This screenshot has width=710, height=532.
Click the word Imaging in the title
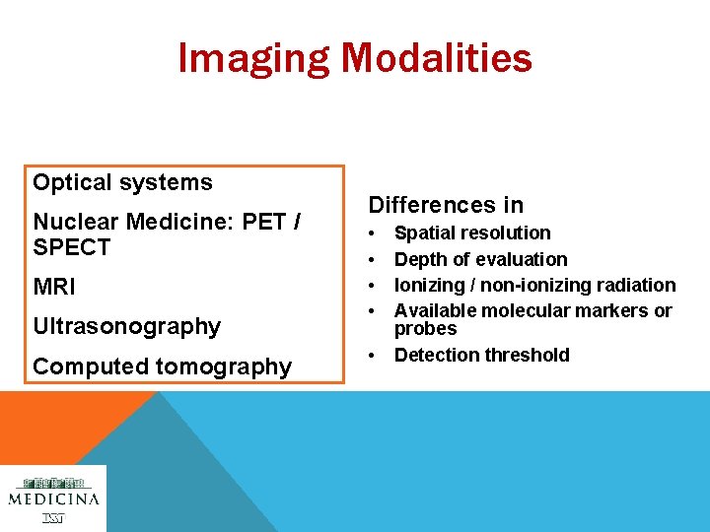click(x=253, y=58)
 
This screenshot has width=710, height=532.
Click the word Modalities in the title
click(x=437, y=58)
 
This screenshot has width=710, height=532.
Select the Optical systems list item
click(x=122, y=182)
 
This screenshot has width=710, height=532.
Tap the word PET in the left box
click(x=263, y=222)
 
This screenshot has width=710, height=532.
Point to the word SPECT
click(x=72, y=247)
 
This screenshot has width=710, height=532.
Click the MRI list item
click(x=54, y=288)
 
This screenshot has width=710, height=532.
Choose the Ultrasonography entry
click(x=126, y=326)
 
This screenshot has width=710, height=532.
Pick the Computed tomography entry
click(x=162, y=366)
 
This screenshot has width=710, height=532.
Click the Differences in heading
click(x=446, y=205)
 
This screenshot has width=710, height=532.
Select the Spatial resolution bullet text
click(x=472, y=233)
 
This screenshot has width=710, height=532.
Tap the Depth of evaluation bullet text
click(x=480, y=259)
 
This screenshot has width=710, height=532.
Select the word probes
click(x=425, y=329)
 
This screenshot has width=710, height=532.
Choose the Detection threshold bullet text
click(x=481, y=355)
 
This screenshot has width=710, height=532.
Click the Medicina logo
click(x=53, y=498)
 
